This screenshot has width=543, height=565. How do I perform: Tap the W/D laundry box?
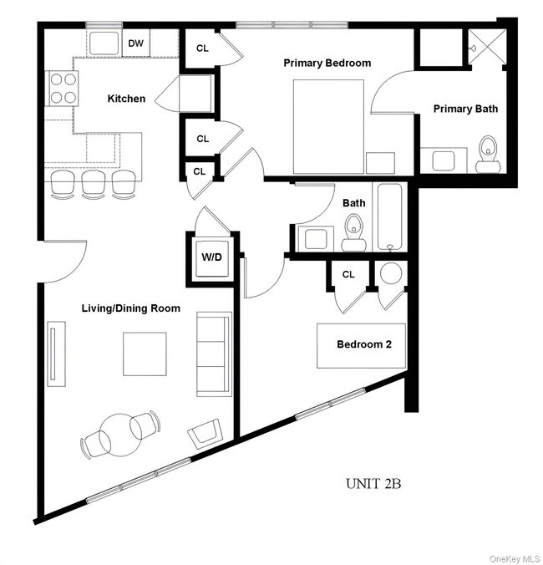pyautogui.click(x=211, y=257)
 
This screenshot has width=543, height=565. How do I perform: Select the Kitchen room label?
pyautogui.click(x=126, y=99)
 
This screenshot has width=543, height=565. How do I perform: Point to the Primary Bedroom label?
pyautogui.click(x=327, y=63)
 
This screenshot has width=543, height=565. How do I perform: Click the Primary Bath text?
pyautogui.click(x=464, y=109)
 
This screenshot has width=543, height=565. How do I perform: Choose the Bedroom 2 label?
pyautogui.click(x=364, y=344)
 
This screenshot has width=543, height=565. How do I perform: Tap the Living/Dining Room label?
pyautogui.click(x=130, y=308)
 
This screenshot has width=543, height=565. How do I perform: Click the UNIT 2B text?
pyautogui.click(x=376, y=483)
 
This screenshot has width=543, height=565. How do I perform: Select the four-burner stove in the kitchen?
pyautogui.click(x=60, y=88)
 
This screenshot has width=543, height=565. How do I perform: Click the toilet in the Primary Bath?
pyautogui.click(x=487, y=155)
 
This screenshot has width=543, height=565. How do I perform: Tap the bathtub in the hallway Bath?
pyautogui.click(x=391, y=216)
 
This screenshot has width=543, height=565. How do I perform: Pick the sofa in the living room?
pyautogui.click(x=214, y=354)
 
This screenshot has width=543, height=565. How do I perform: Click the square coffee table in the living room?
pyautogui.click(x=145, y=354)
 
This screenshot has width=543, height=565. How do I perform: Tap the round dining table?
pyautogui.click(x=117, y=432)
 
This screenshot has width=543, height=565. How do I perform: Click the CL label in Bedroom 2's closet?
pyautogui.click(x=348, y=274)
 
